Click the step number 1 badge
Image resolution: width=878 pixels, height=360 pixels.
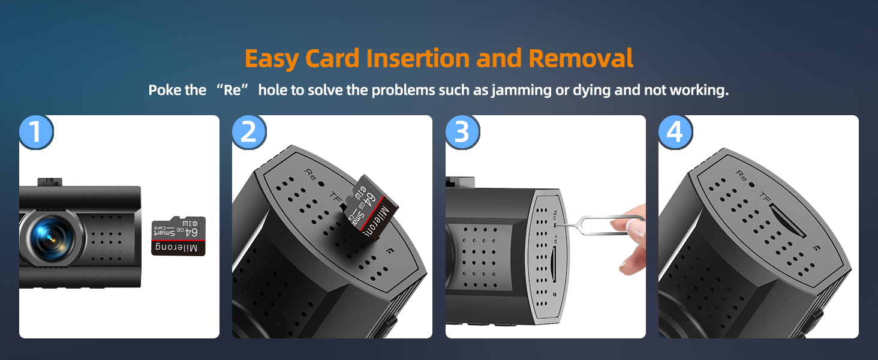click(x=36, y=132)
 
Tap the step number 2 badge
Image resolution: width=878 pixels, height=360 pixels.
click(x=249, y=132)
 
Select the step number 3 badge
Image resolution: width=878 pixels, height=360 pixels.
click(x=462, y=132)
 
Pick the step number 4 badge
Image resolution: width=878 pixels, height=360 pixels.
click(x=675, y=132)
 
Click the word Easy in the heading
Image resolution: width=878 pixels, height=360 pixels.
click(x=272, y=59)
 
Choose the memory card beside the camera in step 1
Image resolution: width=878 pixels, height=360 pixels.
click(x=178, y=236)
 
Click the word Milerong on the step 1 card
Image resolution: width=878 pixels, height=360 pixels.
click(x=178, y=248)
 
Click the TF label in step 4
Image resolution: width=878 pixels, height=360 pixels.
click(x=765, y=196)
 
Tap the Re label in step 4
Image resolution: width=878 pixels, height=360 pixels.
click(x=741, y=176)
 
